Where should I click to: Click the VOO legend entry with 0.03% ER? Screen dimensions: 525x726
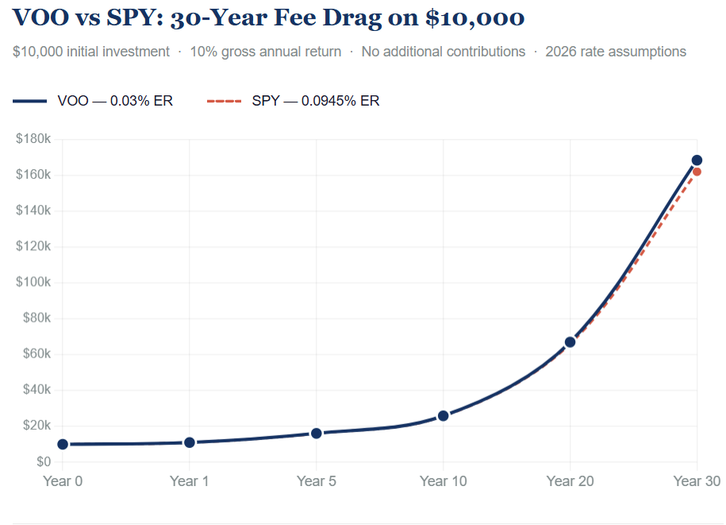93,101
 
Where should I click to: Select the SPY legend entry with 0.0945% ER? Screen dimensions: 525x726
293,101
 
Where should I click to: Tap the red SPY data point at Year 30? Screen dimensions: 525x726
697,172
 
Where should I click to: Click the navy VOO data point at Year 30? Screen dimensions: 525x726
697,160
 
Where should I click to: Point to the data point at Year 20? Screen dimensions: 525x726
570,342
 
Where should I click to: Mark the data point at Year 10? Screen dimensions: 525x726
443,415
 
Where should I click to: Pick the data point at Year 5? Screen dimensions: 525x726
317,433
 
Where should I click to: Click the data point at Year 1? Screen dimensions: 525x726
190,442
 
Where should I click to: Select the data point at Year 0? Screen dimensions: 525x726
63,444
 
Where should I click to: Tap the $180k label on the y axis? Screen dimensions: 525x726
33,139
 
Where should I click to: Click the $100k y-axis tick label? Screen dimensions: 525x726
33,282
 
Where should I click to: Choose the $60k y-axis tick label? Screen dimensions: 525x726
36,353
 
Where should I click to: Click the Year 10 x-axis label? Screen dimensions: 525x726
443,481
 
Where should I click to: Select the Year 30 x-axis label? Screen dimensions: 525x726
696,481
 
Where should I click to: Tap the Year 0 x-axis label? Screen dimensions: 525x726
63,481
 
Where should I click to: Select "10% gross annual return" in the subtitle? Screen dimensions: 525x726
266,52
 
